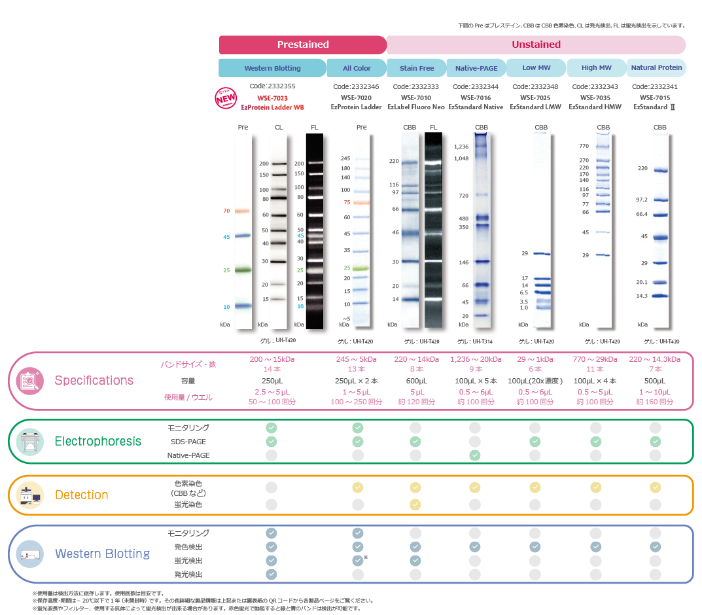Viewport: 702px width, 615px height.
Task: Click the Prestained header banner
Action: [302, 44]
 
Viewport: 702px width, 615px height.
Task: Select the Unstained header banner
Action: [536, 44]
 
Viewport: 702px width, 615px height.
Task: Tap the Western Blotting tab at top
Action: [272, 68]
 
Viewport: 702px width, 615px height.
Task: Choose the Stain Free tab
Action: [417, 68]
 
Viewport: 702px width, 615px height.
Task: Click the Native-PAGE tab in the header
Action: [476, 68]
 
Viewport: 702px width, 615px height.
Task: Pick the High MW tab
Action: [596, 68]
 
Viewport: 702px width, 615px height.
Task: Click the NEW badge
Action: [225, 97]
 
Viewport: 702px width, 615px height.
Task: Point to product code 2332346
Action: [356, 86]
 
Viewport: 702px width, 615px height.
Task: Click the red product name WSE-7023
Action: [272, 97]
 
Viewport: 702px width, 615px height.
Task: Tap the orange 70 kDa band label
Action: [226, 211]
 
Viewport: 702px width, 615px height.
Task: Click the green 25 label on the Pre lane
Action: [226, 270]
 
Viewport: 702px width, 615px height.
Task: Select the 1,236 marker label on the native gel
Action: [461, 147]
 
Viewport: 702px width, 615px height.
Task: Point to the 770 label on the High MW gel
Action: [584, 147]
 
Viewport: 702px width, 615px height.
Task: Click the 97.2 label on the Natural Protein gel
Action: [641, 200]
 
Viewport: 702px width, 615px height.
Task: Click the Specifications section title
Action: [94, 380]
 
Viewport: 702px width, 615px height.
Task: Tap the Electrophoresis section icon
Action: [29, 442]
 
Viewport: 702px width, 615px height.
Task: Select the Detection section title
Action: [82, 495]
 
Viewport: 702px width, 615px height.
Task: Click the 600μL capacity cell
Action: [416, 381]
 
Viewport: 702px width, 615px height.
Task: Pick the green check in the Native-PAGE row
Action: [476, 455]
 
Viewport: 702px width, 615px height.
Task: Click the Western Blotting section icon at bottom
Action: [29, 553]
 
